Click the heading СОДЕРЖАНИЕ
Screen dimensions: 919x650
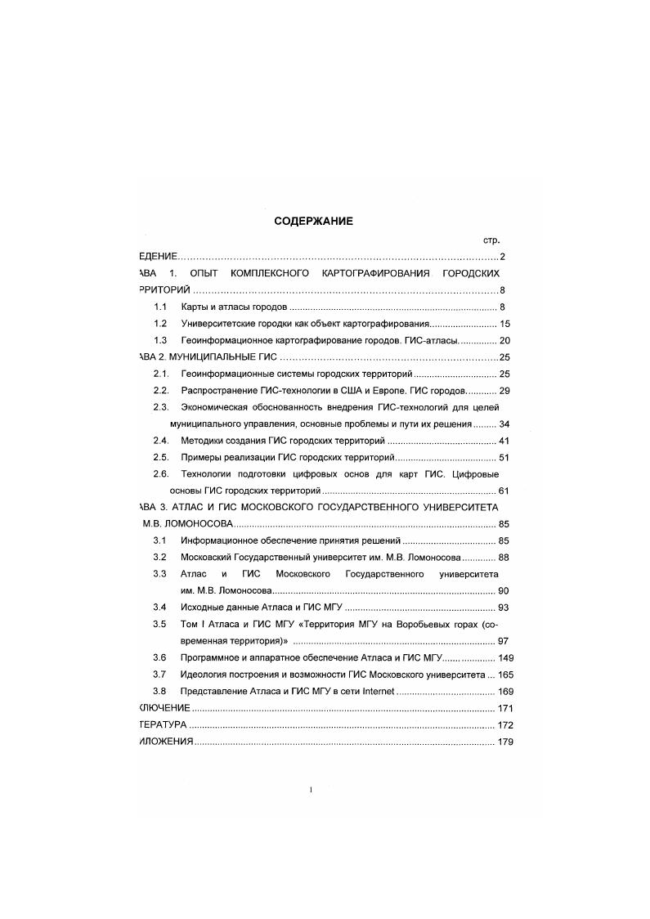[313, 221]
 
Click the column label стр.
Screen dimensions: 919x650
[491, 240]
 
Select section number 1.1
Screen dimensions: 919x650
[161, 307]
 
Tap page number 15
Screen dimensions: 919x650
[504, 324]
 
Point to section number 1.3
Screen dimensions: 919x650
[161, 340]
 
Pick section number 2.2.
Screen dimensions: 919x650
[161, 391]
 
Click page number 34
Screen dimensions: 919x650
[504, 424]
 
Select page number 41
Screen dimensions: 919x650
[504, 441]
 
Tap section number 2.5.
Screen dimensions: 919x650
[161, 457]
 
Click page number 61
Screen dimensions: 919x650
[504, 491]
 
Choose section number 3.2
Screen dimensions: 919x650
[161, 558]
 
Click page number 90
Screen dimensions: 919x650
[504, 591]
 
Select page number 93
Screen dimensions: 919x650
[504, 607]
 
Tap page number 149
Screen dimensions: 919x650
[506, 658]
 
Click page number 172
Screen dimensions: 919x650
[506, 725]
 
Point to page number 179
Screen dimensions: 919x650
[506, 742]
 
